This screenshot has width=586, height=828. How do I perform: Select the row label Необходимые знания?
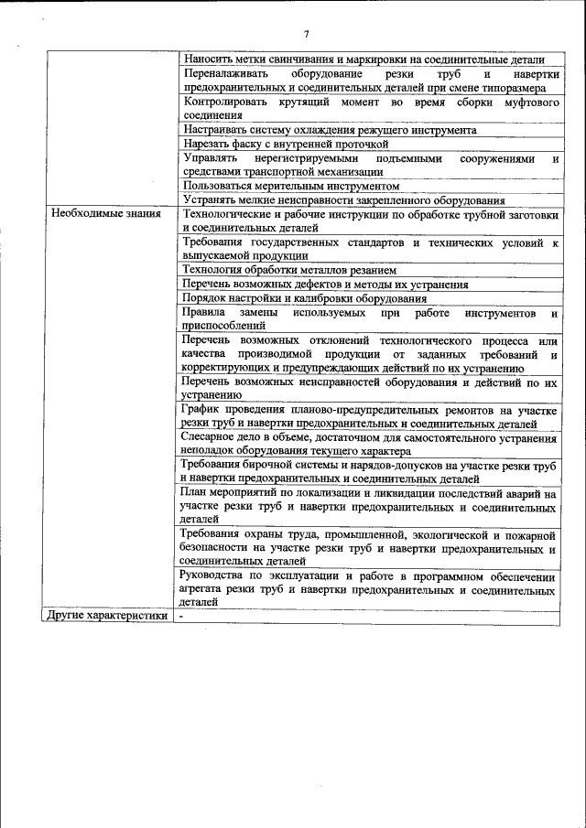(106, 214)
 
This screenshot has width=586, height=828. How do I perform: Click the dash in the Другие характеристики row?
(182, 616)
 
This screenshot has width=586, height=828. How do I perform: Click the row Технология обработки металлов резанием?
(288, 270)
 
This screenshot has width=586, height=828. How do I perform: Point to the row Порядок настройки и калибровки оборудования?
(304, 298)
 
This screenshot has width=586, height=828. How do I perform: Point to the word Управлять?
(210, 158)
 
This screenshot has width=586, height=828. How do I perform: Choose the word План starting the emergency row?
(196, 493)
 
